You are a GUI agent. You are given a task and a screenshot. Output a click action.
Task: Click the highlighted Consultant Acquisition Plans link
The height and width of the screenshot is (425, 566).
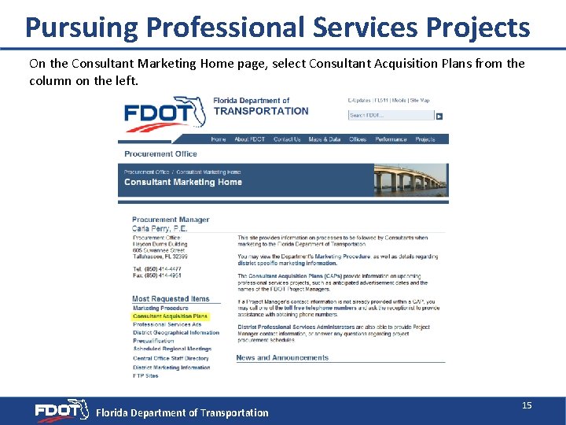tap(170, 316)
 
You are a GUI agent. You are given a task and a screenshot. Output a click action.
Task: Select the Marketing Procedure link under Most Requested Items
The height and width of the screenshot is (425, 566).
tap(160, 309)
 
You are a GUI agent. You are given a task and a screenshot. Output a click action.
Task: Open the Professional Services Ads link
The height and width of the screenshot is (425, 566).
tap(167, 324)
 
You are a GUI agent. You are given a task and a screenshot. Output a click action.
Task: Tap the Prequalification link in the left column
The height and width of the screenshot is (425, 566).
tap(153, 341)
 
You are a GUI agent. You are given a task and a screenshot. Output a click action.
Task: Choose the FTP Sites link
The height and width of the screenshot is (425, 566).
tap(145, 375)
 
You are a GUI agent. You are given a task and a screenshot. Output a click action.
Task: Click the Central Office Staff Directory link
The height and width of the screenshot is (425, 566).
tap(171, 358)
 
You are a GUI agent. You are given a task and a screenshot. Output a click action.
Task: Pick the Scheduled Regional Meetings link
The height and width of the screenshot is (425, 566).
tap(172, 349)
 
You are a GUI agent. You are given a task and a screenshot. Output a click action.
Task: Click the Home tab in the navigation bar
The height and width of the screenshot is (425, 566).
tap(219, 139)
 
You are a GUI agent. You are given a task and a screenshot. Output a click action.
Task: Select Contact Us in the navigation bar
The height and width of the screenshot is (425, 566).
tap(287, 139)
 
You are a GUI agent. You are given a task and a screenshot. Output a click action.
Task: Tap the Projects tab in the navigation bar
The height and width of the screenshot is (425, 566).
tap(425, 139)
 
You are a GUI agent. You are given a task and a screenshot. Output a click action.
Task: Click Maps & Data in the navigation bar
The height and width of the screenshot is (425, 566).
tap(325, 139)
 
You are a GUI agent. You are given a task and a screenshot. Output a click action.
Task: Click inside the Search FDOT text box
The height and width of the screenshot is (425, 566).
tap(391, 116)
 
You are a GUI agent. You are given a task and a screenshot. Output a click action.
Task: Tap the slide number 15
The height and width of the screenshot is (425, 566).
tap(527, 405)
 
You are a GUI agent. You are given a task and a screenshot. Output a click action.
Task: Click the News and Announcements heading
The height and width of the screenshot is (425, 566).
tap(282, 358)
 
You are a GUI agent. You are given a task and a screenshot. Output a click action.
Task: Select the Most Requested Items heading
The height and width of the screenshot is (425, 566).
tap(171, 299)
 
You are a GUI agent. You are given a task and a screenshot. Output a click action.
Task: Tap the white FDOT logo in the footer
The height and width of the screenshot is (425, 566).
tap(61, 411)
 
